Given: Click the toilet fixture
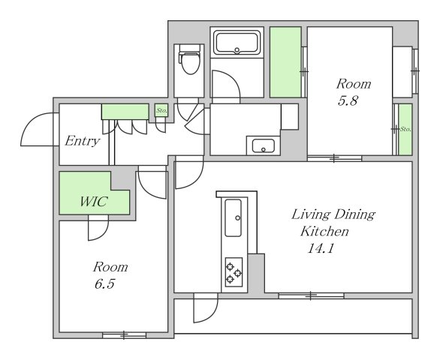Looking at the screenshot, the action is coord(190,59).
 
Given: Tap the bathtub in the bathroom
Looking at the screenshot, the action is coord(237,43).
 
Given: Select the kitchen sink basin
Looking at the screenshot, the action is coord(234,217).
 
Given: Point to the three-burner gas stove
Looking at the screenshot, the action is coord(234,272).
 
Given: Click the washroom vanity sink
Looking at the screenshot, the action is coord(264,145).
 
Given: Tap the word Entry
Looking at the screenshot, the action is coord(83,141).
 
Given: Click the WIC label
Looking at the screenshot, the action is coord(94,202).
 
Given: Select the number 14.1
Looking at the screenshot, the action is coord(321,248).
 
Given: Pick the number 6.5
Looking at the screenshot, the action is coord(104,284).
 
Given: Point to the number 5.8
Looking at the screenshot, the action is coord(348,101).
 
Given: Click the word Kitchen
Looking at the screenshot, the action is coord(324,232).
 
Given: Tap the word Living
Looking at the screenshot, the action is coord(311,215).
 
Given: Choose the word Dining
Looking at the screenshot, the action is coord(354,215).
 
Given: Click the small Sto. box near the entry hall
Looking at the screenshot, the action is coord(161,110).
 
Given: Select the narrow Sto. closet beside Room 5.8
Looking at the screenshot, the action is coord(405,129).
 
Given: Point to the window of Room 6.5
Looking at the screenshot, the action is coord(124,335).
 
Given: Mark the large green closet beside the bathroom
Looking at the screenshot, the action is coord(285,62).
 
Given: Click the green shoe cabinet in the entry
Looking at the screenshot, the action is coord(125,112).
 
